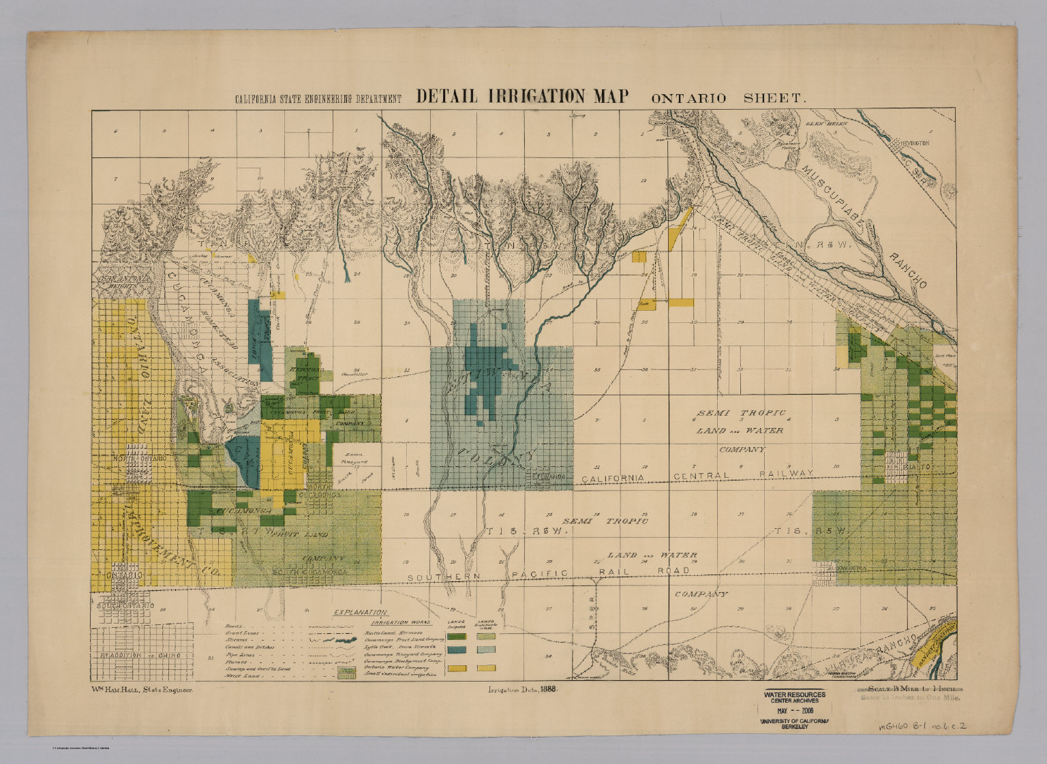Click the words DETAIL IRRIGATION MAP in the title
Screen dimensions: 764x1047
click(x=521, y=96)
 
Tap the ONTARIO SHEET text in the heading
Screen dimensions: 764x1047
click(x=729, y=98)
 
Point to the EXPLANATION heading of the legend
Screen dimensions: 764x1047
click(x=360, y=612)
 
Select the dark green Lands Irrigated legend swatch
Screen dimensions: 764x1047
click(x=456, y=637)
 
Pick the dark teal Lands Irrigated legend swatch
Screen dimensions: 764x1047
click(x=456, y=651)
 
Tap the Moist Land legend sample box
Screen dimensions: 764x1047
click(x=346, y=677)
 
